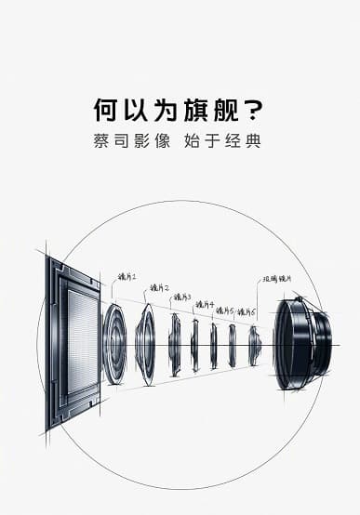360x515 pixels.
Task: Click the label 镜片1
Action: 127,277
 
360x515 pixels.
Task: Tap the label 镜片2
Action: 160,289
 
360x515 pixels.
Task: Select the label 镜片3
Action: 182,297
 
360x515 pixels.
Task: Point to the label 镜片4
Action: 205,304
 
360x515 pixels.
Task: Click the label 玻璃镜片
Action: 278,278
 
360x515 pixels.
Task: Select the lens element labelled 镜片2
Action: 145,344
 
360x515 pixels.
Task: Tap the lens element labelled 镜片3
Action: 175,345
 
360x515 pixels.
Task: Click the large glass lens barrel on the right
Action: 301,343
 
